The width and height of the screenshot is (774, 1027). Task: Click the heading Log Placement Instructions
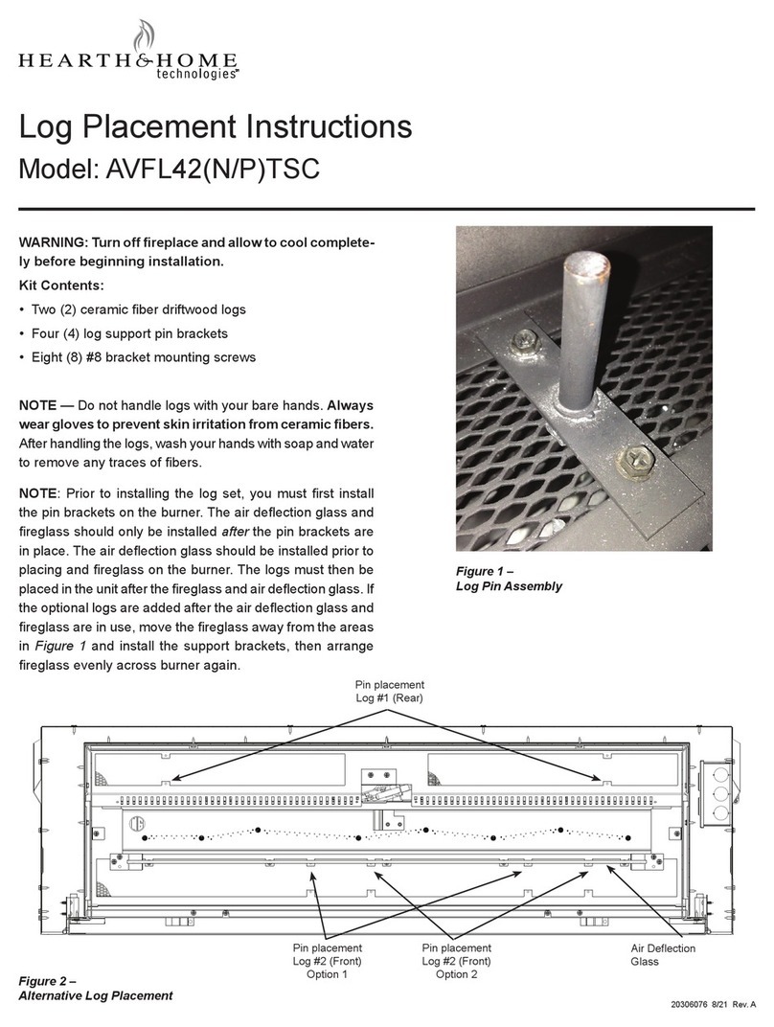click(216, 128)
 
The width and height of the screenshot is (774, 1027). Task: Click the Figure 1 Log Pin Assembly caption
click(508, 579)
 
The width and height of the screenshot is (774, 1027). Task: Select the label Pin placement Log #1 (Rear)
click(389, 692)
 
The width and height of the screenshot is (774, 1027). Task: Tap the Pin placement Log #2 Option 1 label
click(327, 961)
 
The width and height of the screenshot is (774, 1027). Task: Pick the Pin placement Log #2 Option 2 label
click(455, 961)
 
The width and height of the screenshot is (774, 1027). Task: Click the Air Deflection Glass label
click(663, 954)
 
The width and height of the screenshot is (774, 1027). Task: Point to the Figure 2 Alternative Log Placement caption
click(96, 988)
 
